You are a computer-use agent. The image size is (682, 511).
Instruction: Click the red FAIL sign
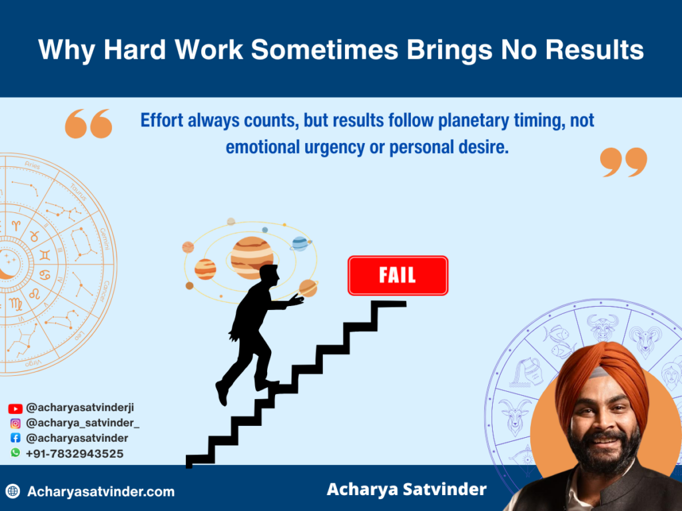(x=398, y=275)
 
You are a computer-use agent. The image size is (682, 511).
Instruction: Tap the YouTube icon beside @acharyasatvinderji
(x=15, y=409)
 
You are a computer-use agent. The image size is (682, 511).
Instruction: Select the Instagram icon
(x=15, y=423)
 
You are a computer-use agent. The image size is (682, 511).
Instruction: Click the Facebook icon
(x=15, y=438)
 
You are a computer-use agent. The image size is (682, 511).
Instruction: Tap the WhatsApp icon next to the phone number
(x=15, y=452)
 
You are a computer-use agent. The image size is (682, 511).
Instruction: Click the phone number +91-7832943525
(x=75, y=453)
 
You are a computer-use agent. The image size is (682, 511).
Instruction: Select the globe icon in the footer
(x=13, y=492)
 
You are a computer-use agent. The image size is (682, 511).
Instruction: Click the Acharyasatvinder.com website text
(x=101, y=492)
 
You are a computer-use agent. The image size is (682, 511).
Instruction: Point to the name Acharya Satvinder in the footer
(x=406, y=490)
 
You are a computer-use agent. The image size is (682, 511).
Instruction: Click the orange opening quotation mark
(x=88, y=124)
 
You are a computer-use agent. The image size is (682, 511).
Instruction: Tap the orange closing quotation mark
(x=623, y=162)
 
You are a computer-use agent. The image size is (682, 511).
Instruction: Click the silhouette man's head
(x=268, y=275)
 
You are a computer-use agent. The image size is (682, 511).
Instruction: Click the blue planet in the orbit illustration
(x=300, y=243)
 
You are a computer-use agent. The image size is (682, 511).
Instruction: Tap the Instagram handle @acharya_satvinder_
(x=83, y=423)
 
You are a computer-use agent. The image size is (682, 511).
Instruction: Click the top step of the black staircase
(x=388, y=304)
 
